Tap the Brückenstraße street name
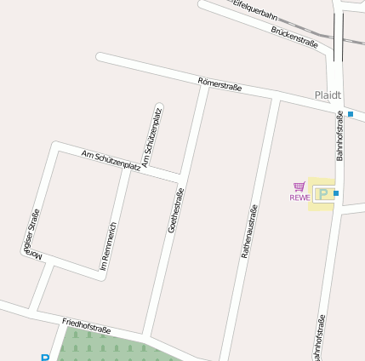point(294,37)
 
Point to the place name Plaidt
point(328,95)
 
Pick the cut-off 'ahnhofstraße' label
point(320,339)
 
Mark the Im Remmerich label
point(108,248)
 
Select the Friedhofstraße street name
point(87,326)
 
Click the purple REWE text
point(299,198)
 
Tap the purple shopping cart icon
point(299,186)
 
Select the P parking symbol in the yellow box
point(322,194)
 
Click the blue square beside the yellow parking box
point(336,194)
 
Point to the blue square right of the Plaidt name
point(351,113)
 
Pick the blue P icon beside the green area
point(44,358)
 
